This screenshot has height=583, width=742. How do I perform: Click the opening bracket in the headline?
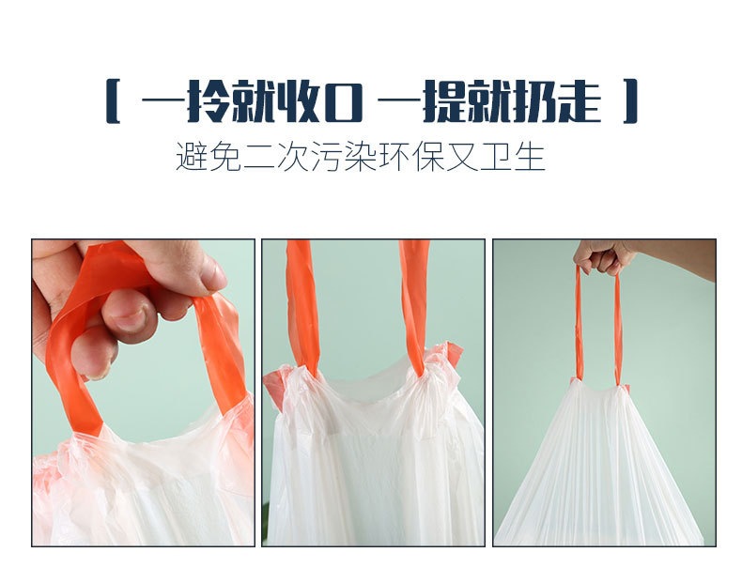(113, 102)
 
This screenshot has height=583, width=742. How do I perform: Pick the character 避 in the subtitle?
(191, 157)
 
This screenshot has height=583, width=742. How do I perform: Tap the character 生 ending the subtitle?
(531, 157)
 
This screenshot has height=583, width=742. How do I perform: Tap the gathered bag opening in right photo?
(598, 387)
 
